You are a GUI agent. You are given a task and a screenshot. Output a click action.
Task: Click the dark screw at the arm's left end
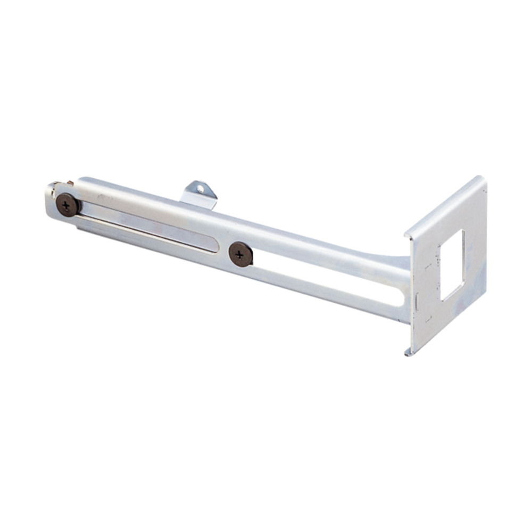click(68, 205)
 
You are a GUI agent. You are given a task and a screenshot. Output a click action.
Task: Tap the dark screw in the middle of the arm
click(240, 254)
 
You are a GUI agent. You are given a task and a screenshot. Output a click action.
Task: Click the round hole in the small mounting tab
click(201, 188)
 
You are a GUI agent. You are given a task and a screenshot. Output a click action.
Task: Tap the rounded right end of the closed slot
click(213, 246)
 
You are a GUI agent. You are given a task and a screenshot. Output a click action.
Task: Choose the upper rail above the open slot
click(319, 250)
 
